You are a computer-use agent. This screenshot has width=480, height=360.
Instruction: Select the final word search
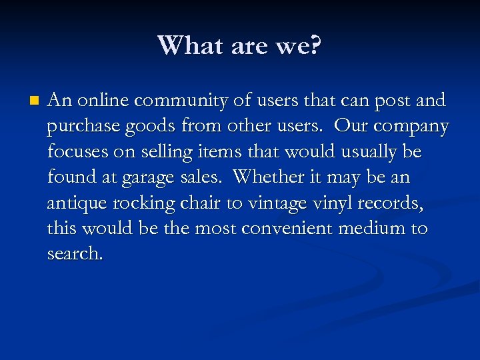(x=75, y=254)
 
